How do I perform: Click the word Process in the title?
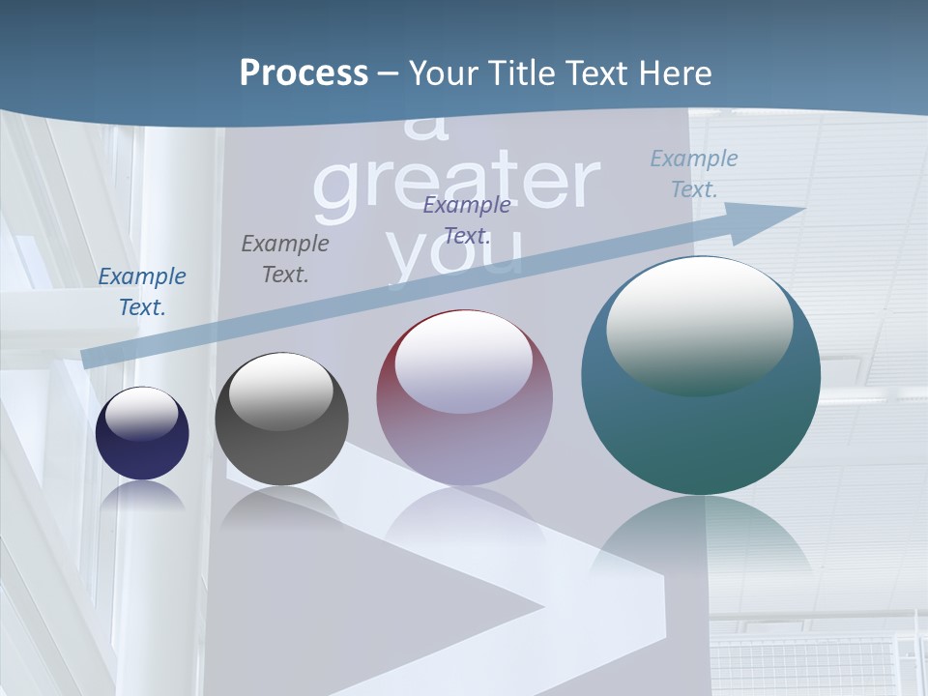pos(304,73)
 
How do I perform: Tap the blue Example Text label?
pos(142,292)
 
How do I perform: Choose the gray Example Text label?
pos(285,259)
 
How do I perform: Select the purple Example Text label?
pos(467,220)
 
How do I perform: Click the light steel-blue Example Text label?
pos(694,174)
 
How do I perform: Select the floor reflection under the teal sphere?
pos(701,541)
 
